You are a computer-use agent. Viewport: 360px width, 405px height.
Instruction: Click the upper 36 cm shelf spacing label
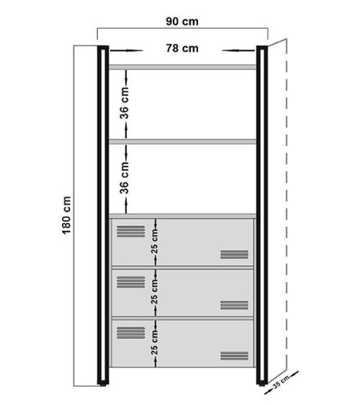(125, 104)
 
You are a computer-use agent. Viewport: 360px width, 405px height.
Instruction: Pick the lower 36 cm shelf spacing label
(125, 177)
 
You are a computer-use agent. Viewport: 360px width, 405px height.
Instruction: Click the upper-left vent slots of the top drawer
(130, 231)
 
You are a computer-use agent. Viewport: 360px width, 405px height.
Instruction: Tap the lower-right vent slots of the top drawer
(234, 254)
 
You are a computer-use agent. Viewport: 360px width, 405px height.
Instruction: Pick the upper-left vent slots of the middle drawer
(130, 281)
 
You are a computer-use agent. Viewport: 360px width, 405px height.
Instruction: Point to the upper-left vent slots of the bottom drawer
(130, 332)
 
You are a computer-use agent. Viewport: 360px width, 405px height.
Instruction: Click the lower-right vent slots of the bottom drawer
(234, 355)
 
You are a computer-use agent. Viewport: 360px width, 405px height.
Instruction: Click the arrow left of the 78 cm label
(123, 50)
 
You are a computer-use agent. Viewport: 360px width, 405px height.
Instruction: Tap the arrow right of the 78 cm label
(238, 50)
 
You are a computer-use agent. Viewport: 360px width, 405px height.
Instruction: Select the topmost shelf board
(182, 67)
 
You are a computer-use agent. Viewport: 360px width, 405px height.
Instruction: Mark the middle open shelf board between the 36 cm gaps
(182, 142)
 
